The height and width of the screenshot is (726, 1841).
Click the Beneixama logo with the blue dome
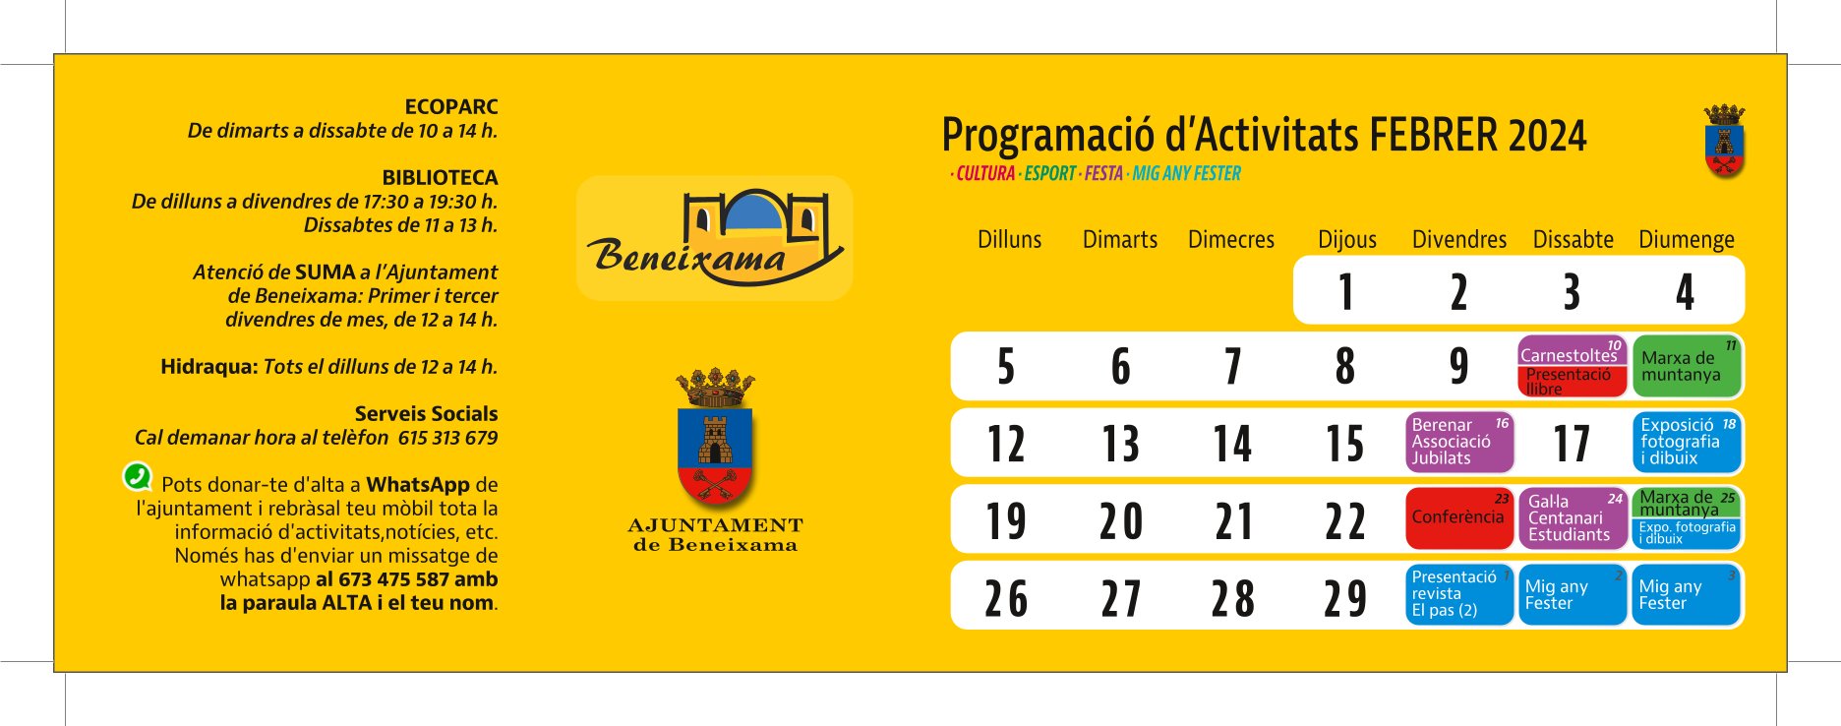tap(715, 238)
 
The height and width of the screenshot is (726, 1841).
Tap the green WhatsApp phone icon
tap(138, 477)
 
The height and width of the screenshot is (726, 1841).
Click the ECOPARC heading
tap(451, 106)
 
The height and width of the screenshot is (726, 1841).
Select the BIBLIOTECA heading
tap(440, 177)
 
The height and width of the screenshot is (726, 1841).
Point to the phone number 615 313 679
tap(448, 438)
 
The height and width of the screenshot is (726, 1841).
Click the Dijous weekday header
tap(1347, 240)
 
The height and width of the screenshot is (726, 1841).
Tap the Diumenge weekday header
tap(1687, 240)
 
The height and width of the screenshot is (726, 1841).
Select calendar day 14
tap(1232, 444)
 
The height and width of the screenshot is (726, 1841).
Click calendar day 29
tap(1345, 598)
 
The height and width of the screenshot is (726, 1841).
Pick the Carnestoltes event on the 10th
tap(1572, 352)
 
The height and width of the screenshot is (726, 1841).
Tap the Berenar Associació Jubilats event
tap(1459, 442)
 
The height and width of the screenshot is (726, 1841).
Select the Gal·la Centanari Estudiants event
tap(1573, 517)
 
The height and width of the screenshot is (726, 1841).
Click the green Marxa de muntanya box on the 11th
tap(1687, 366)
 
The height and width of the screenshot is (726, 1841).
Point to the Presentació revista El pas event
tap(1459, 594)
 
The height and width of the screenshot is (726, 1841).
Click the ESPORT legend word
tap(1050, 174)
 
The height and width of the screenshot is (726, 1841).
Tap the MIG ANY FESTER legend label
tap(1187, 174)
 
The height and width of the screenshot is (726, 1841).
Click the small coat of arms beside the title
tap(1724, 141)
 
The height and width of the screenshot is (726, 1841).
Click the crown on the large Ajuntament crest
tap(715, 389)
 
